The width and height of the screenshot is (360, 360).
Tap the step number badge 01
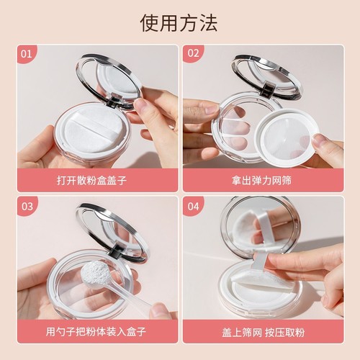pyautogui.click(x=27, y=54)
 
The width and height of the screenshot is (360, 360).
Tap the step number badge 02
pyautogui.click(x=192, y=54)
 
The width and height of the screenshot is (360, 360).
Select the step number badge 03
pyautogui.click(x=27, y=206)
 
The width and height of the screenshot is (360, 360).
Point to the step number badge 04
pyautogui.click(x=192, y=206)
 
